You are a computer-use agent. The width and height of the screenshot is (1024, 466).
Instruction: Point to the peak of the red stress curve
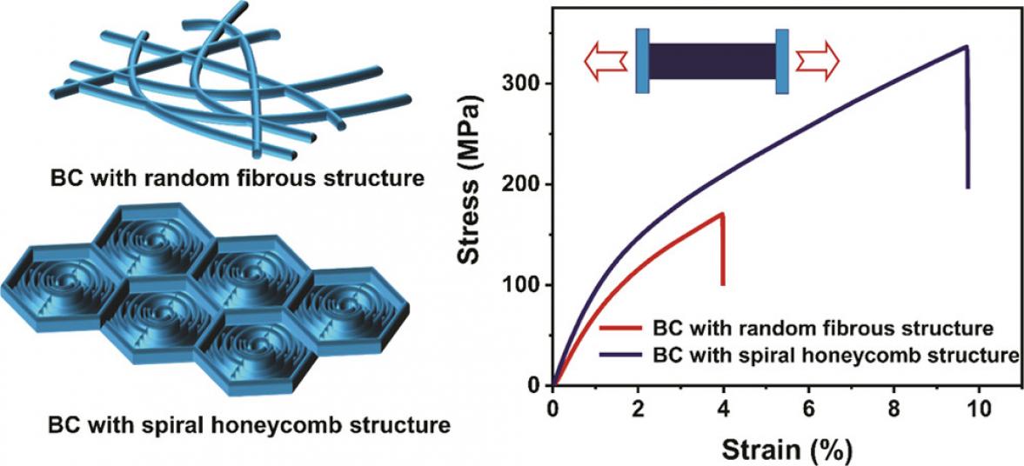point(722,213)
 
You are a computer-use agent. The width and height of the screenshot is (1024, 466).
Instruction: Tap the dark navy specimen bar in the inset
point(712,61)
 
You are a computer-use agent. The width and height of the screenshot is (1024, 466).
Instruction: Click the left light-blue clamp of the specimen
point(642,61)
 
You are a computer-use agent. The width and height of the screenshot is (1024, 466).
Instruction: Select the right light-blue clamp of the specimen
point(782,61)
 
